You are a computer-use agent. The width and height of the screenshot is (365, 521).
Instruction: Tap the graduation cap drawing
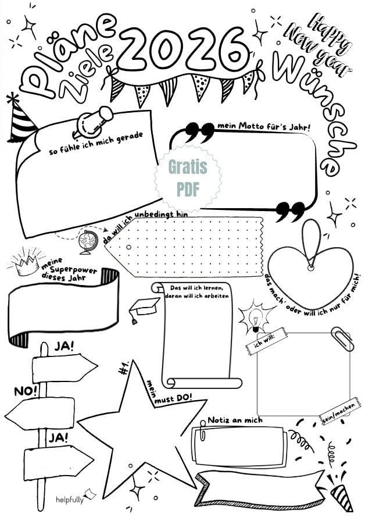pos(144,308)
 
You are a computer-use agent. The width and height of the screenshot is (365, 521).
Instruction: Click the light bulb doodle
pos(256,317)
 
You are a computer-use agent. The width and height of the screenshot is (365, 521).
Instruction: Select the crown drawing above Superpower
pos(26,263)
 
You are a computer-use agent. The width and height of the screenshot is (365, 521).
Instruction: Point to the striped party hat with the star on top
pos(20,119)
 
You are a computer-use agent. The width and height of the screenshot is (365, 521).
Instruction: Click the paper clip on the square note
pos(342,338)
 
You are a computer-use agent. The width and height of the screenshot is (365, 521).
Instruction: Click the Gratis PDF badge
pos(187,178)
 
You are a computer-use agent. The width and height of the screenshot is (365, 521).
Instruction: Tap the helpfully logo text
pos(69,499)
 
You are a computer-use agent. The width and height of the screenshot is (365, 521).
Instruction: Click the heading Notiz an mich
pos(235,420)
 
